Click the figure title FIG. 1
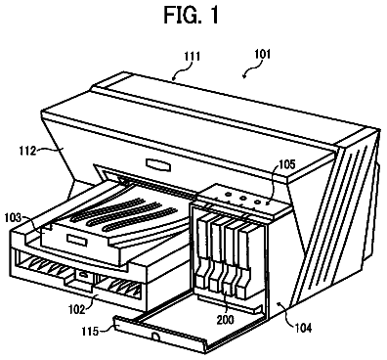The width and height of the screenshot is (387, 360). [191, 15]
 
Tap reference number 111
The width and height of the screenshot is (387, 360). [192, 57]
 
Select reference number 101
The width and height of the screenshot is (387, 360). [262, 54]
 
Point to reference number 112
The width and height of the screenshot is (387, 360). [27, 151]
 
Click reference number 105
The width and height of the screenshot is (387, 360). [286, 165]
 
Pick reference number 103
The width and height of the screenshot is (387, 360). [13, 217]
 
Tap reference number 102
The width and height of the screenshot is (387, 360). [76, 308]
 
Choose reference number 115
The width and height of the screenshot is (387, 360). [90, 332]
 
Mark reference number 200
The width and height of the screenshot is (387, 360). [225, 319]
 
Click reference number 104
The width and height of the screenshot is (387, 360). [302, 327]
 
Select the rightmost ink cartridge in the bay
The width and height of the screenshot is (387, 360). [244, 261]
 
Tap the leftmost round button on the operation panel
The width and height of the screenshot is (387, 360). [228, 195]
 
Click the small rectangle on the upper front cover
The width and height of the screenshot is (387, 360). [158, 164]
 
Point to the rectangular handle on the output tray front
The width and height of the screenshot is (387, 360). [77, 240]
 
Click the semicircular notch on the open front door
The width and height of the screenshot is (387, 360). [156, 336]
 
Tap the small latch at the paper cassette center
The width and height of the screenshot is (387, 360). [83, 275]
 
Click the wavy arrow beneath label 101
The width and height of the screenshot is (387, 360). [251, 70]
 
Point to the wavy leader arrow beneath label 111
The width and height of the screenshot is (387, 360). [182, 70]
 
